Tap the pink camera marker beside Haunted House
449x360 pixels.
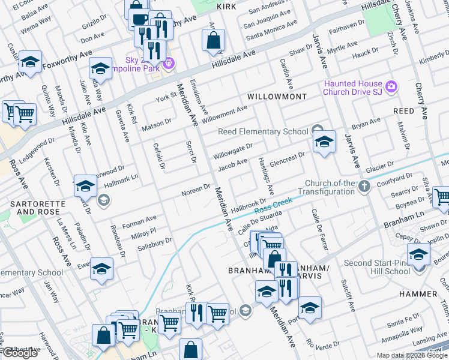point(391,88)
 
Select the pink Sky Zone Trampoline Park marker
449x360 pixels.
point(169,62)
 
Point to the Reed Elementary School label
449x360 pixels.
point(263,132)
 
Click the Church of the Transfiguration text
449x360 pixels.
point(330,187)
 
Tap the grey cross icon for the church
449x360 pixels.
point(364,187)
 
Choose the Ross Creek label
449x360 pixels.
point(274,206)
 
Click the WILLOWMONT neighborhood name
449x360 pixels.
point(277,97)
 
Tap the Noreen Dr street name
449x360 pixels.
point(196,191)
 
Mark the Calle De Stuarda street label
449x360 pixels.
point(261,223)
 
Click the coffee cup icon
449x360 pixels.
point(139,19)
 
